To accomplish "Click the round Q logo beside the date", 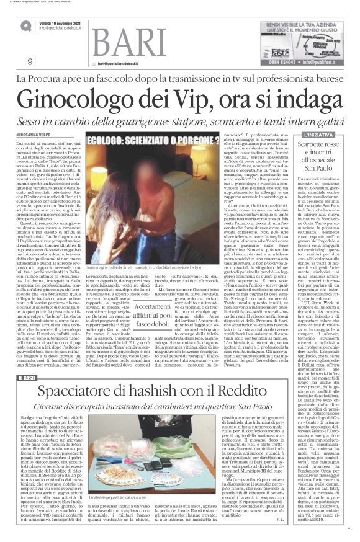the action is coord(25,25).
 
